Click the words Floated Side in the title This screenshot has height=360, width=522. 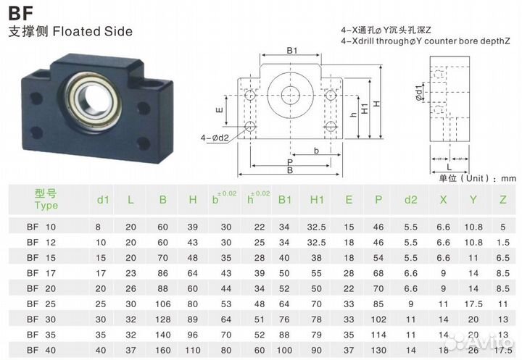pos(93,31)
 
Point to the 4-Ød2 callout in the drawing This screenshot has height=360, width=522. pos(215,136)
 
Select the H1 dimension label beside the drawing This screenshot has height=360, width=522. pos(365,103)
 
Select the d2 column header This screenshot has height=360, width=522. pos(411,199)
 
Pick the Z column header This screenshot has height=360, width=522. pos(502,199)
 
